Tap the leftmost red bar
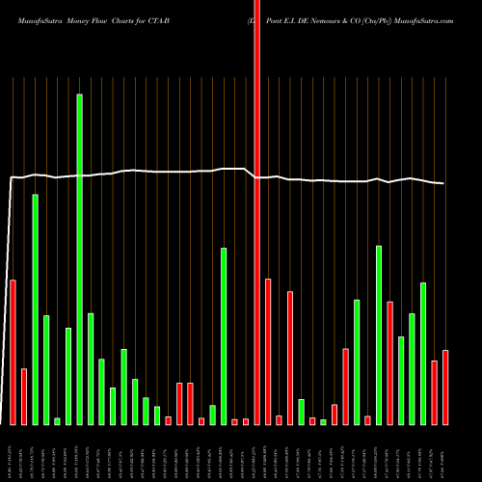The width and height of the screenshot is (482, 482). [13, 352]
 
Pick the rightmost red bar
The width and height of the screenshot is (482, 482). [445, 387]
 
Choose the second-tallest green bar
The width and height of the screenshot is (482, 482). [35, 308]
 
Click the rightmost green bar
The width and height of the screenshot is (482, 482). [423, 353]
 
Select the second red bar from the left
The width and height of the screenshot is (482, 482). [23, 396]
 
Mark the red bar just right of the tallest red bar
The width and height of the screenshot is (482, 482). [268, 351]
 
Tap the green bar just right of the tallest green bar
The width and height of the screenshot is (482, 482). [91, 368]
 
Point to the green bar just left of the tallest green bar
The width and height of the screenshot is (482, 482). [68, 376]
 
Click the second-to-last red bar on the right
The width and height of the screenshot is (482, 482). [435, 392]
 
